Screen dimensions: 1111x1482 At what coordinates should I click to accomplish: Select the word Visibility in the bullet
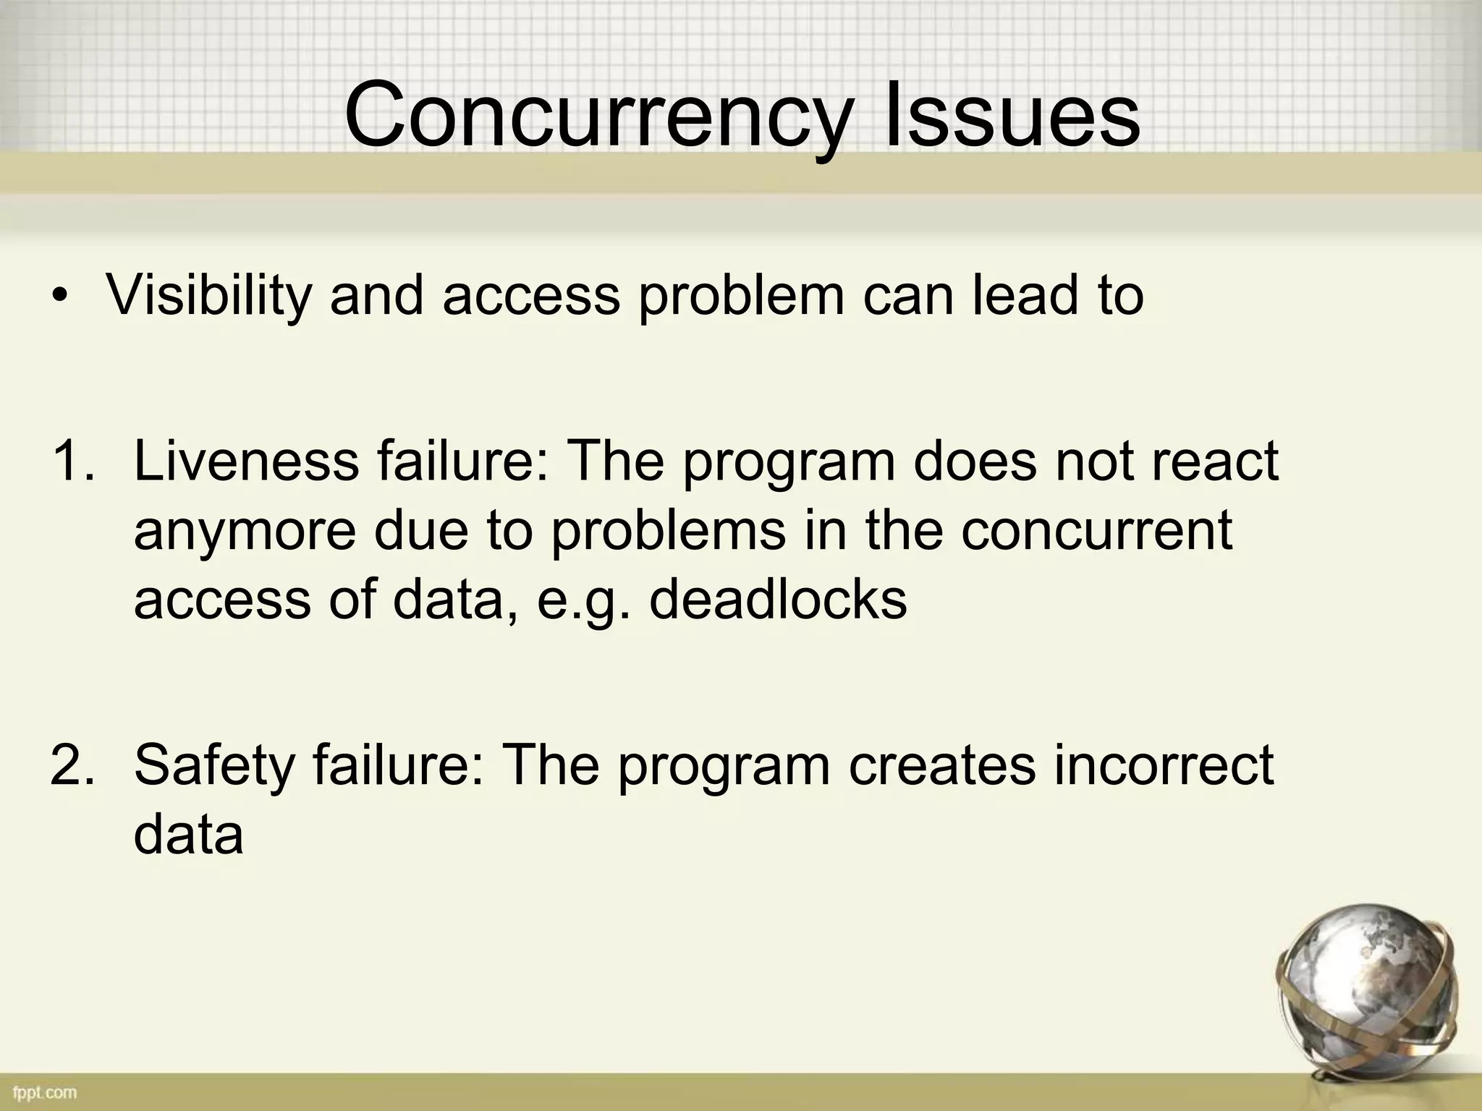[x=209, y=297]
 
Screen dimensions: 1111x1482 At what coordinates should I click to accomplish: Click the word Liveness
[x=247, y=461]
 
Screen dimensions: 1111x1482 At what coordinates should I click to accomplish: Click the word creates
[x=941, y=765]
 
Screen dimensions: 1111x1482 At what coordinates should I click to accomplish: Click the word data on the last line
[x=188, y=835]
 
